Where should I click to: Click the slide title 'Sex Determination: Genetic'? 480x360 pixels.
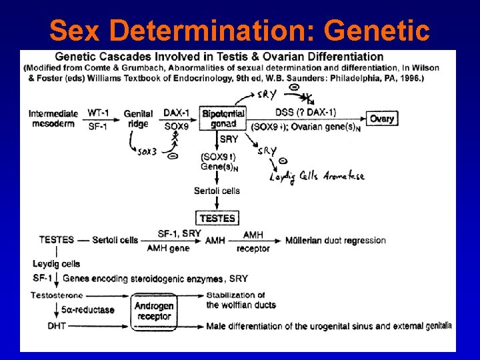[239, 29]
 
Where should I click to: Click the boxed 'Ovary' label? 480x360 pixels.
[382, 119]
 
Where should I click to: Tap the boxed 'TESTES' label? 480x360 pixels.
[217, 218]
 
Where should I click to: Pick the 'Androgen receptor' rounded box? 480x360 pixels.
[154, 311]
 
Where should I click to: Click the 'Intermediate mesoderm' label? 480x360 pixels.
[53, 119]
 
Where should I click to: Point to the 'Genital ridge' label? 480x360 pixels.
[138, 119]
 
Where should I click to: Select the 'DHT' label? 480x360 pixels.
[57, 325]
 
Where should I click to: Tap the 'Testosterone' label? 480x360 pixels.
[57, 295]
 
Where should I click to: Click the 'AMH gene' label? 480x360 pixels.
[168, 249]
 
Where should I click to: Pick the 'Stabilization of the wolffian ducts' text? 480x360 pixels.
[241, 300]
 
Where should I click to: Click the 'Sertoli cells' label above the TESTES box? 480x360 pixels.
[217, 191]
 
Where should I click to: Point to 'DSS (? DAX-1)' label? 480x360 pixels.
[305, 112]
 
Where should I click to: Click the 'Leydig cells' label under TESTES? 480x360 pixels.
[56, 264]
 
